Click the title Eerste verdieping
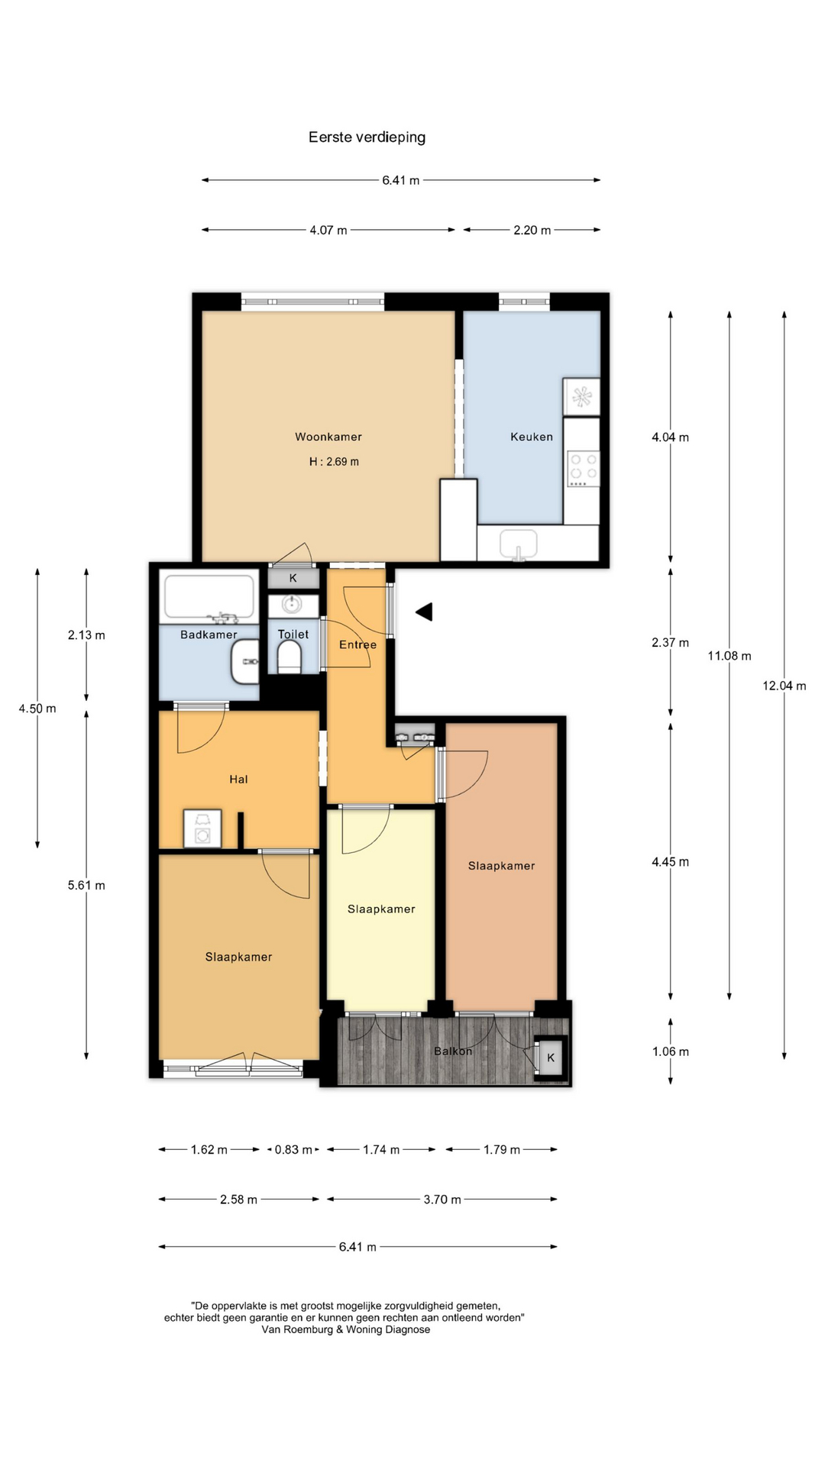(367, 137)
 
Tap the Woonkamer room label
(328, 437)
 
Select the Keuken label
(532, 437)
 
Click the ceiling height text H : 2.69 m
(334, 461)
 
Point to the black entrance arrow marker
(425, 612)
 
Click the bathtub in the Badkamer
(209, 596)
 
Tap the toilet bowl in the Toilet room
(290, 657)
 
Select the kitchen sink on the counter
(519, 545)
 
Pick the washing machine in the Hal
(202, 829)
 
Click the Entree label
(357, 644)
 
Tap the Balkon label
(453, 1051)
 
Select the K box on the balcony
(551, 1058)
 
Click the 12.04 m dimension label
(785, 686)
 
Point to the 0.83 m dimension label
(293, 1150)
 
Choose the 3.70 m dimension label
(442, 1200)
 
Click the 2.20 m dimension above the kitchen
(532, 230)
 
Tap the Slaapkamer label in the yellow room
(381, 909)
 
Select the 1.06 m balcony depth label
(671, 1051)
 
